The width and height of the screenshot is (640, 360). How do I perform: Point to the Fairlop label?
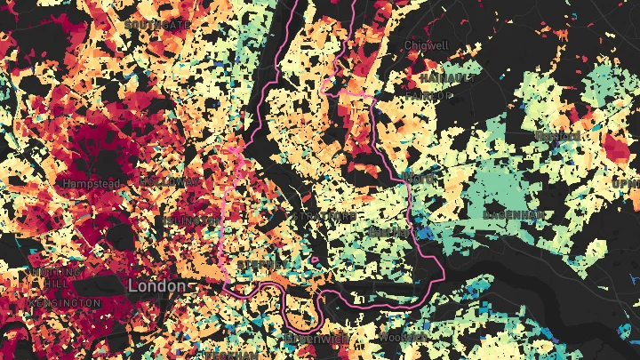424,94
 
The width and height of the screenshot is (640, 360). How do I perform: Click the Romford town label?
558,136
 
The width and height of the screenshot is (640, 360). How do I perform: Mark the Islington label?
188,220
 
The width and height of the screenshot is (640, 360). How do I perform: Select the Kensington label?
67,303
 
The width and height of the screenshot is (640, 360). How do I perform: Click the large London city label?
156,286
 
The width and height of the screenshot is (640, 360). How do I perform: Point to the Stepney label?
258,265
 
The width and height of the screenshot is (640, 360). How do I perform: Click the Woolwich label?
396,337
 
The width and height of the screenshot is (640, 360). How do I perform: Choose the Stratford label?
324,216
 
